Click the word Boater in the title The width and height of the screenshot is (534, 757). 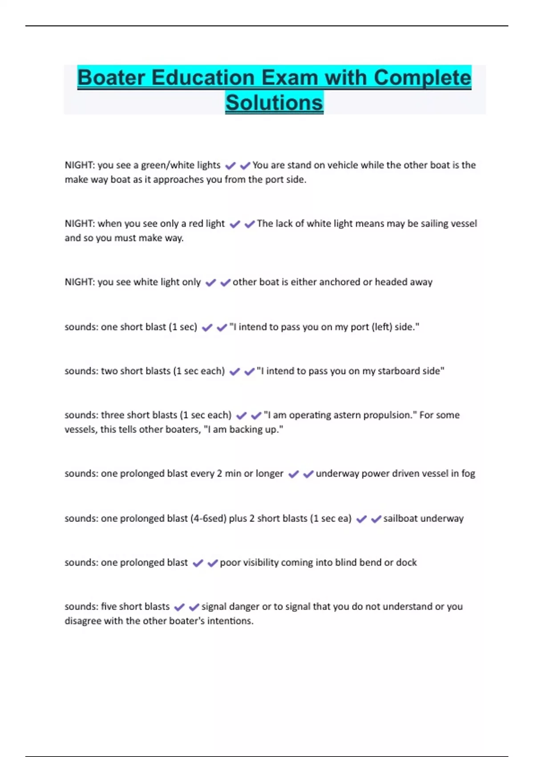coord(111,77)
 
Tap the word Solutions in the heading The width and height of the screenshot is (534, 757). coord(274,103)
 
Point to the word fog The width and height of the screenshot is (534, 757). coord(468,473)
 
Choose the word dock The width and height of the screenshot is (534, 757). coord(406,562)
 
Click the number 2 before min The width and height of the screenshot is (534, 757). coord(219,473)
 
